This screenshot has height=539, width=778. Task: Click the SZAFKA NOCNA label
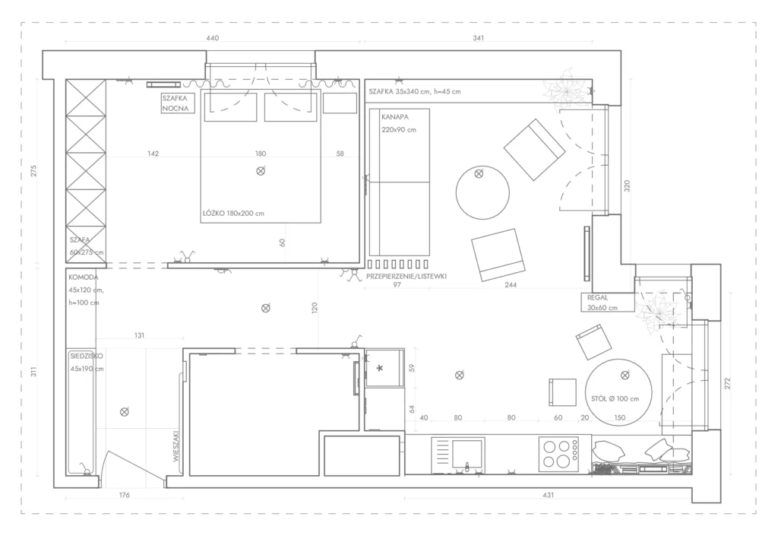[176, 103]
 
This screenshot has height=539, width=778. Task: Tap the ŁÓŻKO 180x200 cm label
[233, 214]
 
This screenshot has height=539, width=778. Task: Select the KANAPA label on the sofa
[395, 117]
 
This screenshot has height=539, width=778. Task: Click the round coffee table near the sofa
[482, 192]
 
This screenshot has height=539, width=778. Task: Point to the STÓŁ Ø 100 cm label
[615, 398]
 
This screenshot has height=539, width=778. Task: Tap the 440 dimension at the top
[213, 38]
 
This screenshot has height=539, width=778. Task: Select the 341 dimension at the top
[479, 38]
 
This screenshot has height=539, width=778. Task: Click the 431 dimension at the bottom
[548, 495]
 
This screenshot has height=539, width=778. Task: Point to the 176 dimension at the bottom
[124, 495]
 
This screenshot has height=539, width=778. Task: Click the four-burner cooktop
[558, 454]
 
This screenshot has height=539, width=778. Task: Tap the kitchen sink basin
[467, 454]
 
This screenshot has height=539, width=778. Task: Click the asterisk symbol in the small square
[380, 368]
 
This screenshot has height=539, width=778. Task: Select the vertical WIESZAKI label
[176, 446]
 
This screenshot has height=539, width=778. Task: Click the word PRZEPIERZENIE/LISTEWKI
[406, 276]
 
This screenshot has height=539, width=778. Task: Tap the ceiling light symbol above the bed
[261, 171]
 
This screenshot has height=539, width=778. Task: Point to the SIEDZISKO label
[87, 356]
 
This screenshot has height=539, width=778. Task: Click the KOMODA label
[84, 277]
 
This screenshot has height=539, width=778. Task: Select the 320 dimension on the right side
[627, 186]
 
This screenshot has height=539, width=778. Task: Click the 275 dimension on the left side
[33, 171]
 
